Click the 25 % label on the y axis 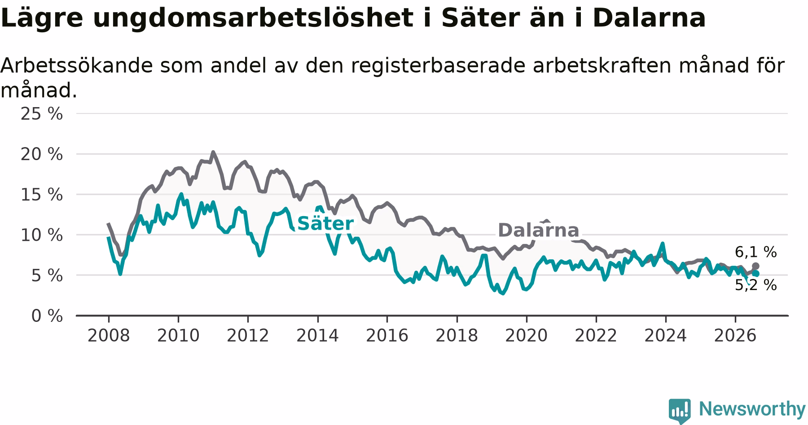pyautogui.click(x=42, y=114)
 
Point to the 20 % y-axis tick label pyautogui.click(x=42, y=154)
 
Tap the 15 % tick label pyautogui.click(x=42, y=195)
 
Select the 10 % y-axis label pyautogui.click(x=42, y=235)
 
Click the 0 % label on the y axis pyautogui.click(x=47, y=316)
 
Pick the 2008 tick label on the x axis pyautogui.click(x=109, y=335)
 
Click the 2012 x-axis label pyautogui.click(x=248, y=335)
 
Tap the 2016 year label pyautogui.click(x=387, y=335)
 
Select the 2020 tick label pyautogui.click(x=527, y=335)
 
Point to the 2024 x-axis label pyautogui.click(x=666, y=335)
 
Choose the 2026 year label pyautogui.click(x=735, y=335)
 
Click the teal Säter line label pyautogui.click(x=325, y=223)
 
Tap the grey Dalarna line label pyautogui.click(x=539, y=230)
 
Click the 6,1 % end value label pyautogui.click(x=756, y=252)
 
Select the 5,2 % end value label pyautogui.click(x=756, y=285)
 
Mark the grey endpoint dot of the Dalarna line pyautogui.click(x=755, y=266)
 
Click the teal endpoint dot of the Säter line pyautogui.click(x=756, y=273)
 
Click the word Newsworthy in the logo pyautogui.click(x=752, y=409)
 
